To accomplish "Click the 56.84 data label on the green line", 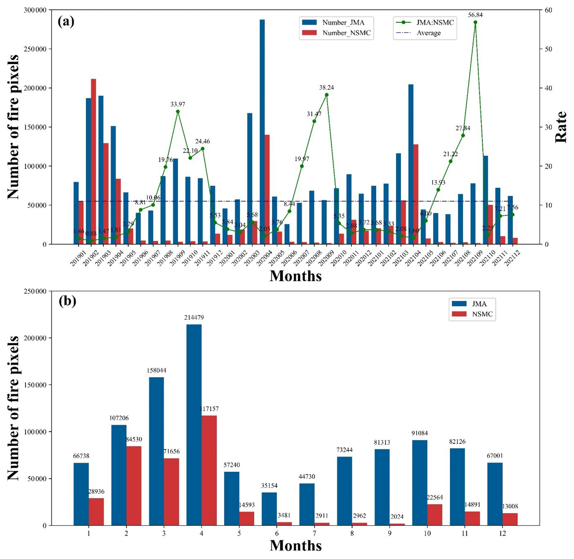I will [475, 15].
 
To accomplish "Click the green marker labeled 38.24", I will [327, 95].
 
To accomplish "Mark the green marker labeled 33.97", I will [178, 111].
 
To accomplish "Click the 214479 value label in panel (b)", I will [194, 317].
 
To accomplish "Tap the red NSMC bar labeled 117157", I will [209, 470].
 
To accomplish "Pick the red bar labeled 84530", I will [134, 486].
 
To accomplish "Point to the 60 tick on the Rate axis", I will [548, 10].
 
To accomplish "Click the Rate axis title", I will [561, 127].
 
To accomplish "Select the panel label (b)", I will [67, 301].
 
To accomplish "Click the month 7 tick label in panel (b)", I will [314, 533].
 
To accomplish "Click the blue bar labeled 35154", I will [269, 509].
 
